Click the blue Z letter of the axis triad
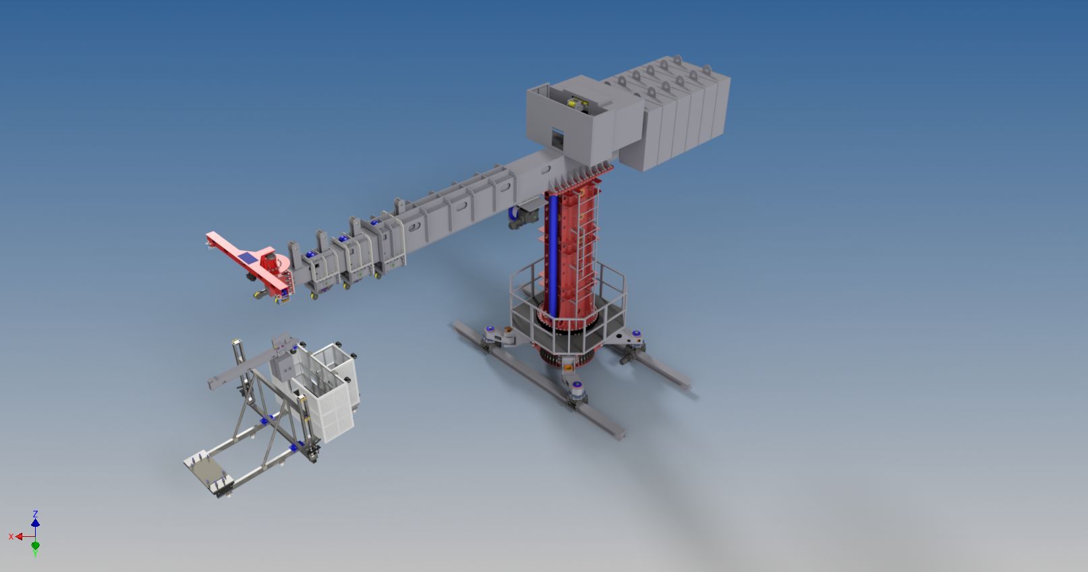coord(35,514)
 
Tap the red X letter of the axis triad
coord(11,536)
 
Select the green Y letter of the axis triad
coord(35,554)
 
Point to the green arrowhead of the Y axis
coord(36,546)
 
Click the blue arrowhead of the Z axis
coord(36,523)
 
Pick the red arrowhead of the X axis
coord(19,536)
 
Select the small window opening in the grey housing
coord(557,138)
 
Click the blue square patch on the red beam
coord(247,258)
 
